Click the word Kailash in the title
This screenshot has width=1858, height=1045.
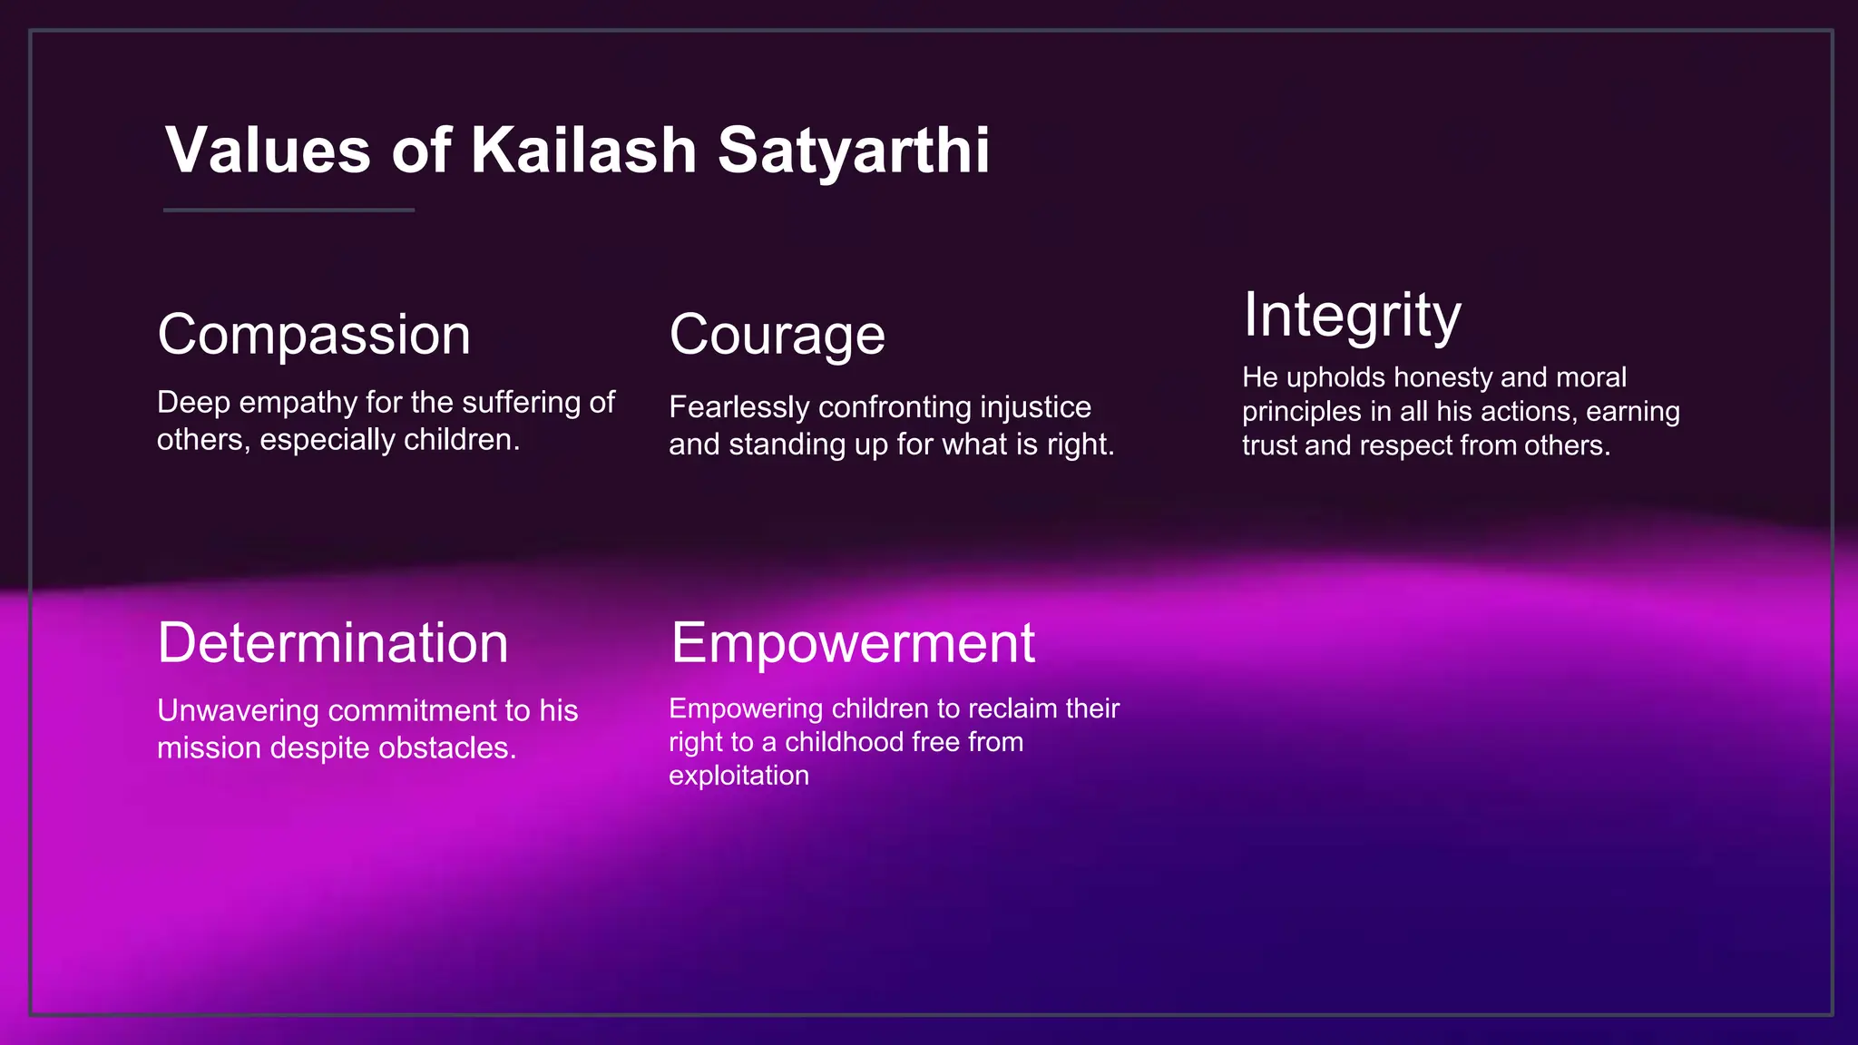(x=583, y=150)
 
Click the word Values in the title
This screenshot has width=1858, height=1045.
(x=268, y=150)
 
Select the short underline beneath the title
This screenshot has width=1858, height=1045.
(x=288, y=210)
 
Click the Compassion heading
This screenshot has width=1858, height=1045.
(x=314, y=335)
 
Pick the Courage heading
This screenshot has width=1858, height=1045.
(x=777, y=335)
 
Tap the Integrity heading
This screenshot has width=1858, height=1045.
(x=1352, y=315)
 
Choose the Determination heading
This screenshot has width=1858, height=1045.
(x=332, y=643)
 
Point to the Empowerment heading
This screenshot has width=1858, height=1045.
(x=853, y=643)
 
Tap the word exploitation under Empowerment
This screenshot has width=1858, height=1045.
(x=738, y=776)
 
